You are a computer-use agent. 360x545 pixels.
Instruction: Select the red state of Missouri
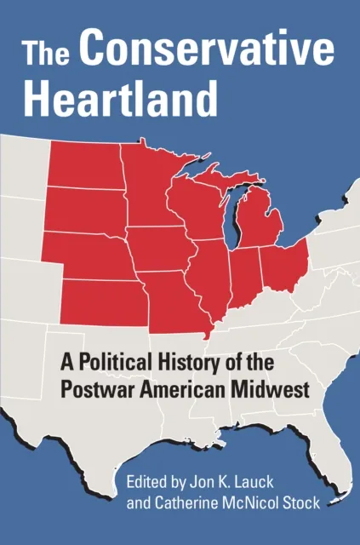pos(174,298)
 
